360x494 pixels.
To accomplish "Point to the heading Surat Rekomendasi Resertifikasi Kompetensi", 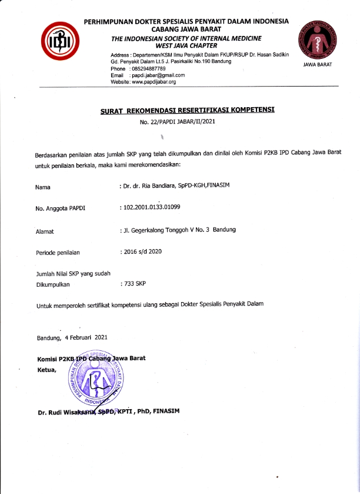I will pyautogui.click(x=186, y=110).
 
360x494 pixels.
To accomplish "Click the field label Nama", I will pyautogui.click(x=43, y=187).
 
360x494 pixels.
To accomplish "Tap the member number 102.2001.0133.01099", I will pyautogui.click(x=151, y=208).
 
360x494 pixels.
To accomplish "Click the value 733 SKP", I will pyautogui.click(x=134, y=284).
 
